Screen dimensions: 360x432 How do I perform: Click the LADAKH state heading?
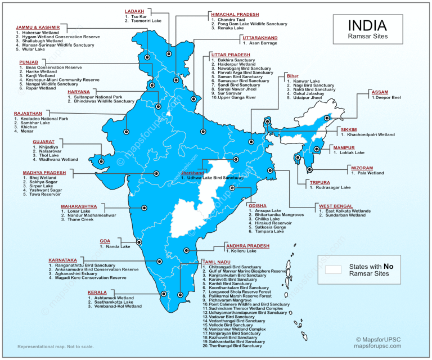tap(134, 11)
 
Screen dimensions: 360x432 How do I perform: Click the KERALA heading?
tap(97, 292)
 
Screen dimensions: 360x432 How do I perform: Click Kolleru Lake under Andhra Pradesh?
tap(244, 251)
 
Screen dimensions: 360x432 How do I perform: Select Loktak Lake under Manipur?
tap(351, 152)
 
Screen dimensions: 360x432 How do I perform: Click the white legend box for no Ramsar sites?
tap(334, 269)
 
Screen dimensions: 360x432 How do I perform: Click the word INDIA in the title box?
tap(367, 25)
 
